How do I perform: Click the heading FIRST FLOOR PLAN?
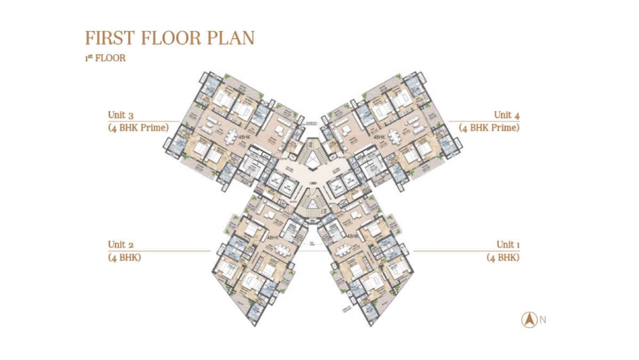[x=169, y=38]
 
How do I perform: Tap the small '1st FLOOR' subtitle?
[x=105, y=58]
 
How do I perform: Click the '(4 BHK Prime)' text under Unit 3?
[x=137, y=127]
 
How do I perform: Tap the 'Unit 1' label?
[x=508, y=245]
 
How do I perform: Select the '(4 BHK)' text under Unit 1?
[x=503, y=257]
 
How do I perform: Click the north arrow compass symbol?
[x=529, y=320]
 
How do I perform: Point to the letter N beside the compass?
[x=543, y=320]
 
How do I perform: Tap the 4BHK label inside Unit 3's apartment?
[x=245, y=138]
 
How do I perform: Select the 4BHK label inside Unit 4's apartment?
[x=379, y=138]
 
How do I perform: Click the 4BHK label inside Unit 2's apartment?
[x=272, y=237]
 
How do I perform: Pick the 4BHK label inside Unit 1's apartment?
[x=353, y=236]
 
